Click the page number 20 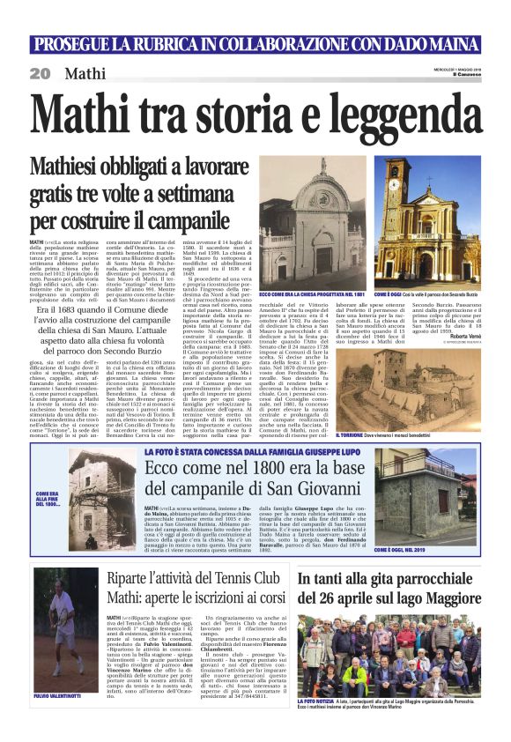(41, 74)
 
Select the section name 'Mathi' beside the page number (85, 74)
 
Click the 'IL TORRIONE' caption (408, 434)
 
